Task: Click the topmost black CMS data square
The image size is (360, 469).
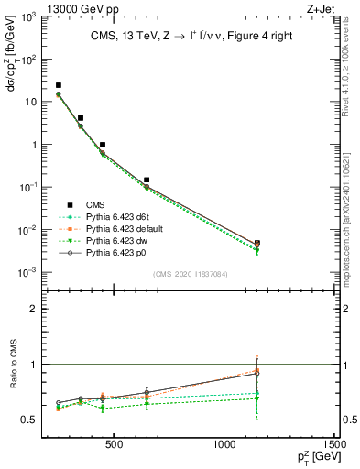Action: (x=59, y=85)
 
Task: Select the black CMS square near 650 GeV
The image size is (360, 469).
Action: (x=147, y=180)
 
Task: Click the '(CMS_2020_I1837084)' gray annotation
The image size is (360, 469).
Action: (x=191, y=274)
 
